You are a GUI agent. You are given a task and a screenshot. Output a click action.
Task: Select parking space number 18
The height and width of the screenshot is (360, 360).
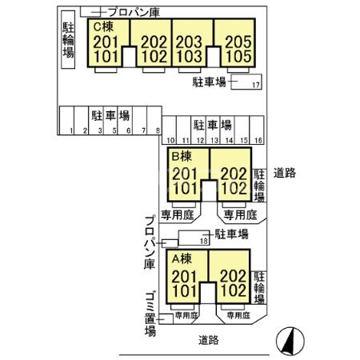(203, 240)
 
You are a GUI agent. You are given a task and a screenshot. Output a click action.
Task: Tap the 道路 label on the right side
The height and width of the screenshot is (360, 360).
(284, 172)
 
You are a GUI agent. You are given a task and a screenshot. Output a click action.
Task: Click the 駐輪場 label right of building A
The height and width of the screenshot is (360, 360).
(259, 288)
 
